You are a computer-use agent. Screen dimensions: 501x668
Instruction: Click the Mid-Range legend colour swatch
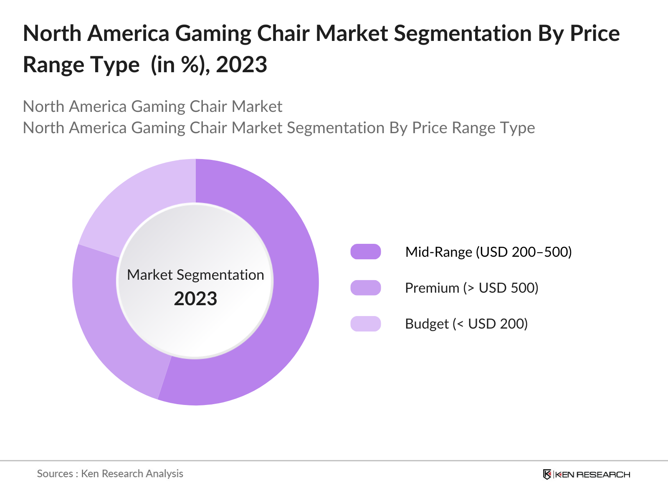point(366,252)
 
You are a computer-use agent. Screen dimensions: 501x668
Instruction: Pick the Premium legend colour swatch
point(366,288)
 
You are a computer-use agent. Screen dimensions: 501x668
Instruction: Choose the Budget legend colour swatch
point(366,324)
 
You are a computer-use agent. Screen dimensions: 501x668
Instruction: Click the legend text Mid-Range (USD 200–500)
point(488,252)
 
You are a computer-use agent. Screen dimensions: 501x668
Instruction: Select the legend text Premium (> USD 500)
point(472,288)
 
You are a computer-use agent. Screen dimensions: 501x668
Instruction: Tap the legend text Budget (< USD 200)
point(466,324)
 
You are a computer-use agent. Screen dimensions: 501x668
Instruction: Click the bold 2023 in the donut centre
point(195,299)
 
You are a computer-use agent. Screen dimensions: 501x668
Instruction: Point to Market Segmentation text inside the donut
point(195,275)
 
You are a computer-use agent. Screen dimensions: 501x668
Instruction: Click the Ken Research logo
point(587,474)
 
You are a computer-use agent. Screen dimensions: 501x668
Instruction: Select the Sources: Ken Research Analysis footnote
point(110,473)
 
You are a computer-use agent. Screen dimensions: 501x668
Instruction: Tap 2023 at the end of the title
point(241,65)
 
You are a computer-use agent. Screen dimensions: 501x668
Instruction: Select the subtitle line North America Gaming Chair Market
point(152,106)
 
